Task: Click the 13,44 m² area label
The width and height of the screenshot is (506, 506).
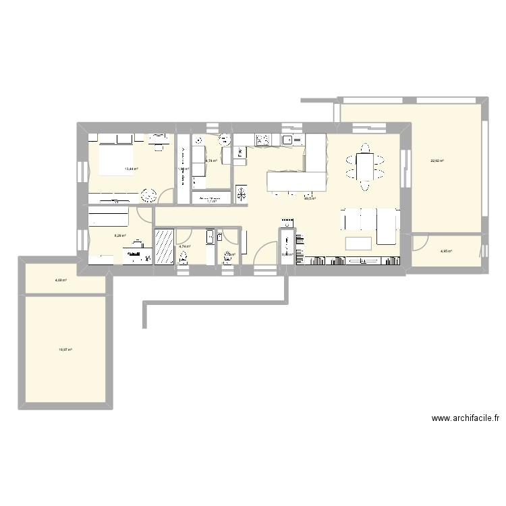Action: coord(131,169)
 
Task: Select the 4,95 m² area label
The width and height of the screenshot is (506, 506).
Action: coord(446,252)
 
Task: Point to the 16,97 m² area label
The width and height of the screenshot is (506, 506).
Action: coord(65,349)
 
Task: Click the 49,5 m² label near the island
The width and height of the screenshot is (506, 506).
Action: coord(310,198)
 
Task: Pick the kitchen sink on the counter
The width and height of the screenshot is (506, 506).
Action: coord(287,140)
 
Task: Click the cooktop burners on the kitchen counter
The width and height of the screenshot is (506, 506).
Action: coord(262,140)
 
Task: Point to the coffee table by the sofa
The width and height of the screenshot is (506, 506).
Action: coord(359,243)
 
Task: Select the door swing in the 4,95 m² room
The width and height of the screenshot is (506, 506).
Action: coord(420,242)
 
